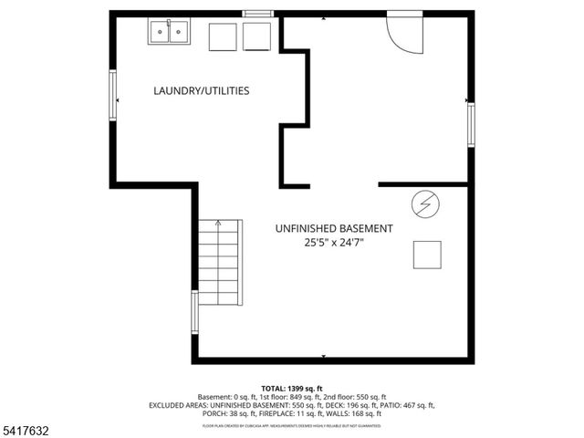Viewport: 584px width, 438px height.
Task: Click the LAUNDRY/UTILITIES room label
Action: (x=202, y=90)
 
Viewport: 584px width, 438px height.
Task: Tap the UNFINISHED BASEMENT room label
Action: (x=334, y=228)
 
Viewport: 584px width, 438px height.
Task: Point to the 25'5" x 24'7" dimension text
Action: (x=334, y=243)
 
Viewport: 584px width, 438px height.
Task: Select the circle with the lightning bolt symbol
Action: (x=424, y=205)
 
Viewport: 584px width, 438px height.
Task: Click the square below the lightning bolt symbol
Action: (x=427, y=254)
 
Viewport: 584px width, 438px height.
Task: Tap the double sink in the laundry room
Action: (x=171, y=33)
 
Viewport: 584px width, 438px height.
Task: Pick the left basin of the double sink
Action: (x=161, y=33)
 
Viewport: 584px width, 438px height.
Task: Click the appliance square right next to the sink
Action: (x=223, y=36)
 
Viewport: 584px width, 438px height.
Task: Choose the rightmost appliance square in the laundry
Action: (x=256, y=36)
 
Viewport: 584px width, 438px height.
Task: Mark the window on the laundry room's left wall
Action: (x=113, y=95)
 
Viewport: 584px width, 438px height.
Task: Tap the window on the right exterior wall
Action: (x=471, y=124)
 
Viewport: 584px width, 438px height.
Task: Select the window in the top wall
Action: (x=257, y=13)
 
